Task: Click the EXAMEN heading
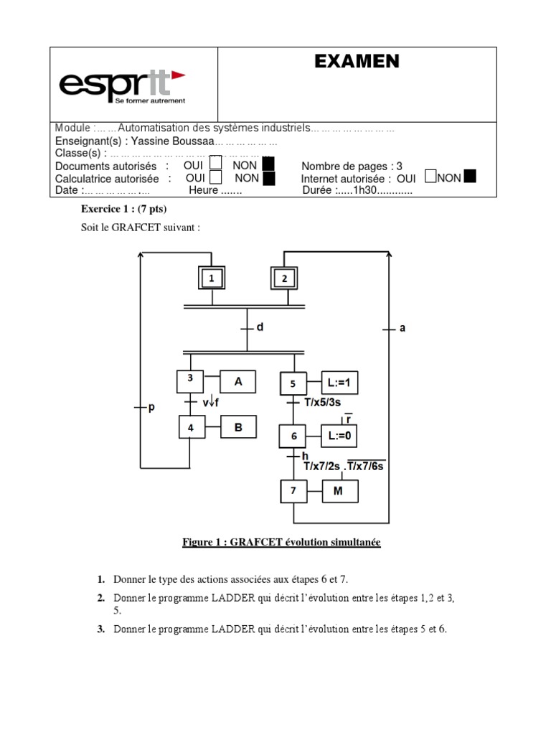357,62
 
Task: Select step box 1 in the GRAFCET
211,277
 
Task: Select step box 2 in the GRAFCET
284,278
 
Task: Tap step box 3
190,380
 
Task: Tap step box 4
191,428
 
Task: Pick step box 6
293,436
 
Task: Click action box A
239,382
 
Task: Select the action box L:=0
339,436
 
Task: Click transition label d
260,327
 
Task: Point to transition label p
151,408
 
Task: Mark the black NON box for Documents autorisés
268,166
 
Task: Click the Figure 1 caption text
281,543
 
